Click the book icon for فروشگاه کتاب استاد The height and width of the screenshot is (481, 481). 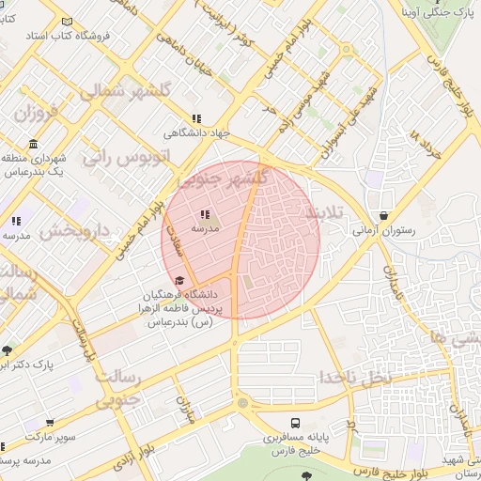tap(66, 21)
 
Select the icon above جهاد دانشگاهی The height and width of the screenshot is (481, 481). tap(195, 118)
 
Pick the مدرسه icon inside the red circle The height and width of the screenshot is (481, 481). tap(205, 215)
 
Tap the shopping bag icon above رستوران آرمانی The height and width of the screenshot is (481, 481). tap(382, 215)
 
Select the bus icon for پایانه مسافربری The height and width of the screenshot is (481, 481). tap(295, 423)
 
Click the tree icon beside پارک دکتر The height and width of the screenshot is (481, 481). tap(8, 350)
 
